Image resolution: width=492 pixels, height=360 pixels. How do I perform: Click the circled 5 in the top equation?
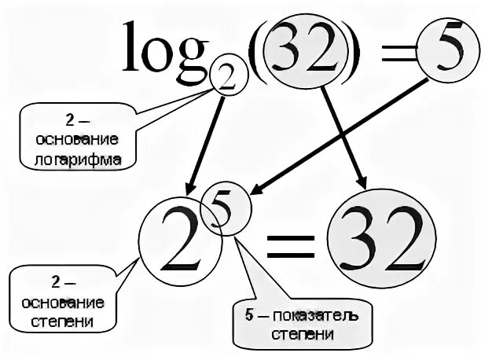[x=445, y=53]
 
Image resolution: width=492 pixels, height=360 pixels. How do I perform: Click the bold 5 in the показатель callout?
[x=250, y=317]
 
